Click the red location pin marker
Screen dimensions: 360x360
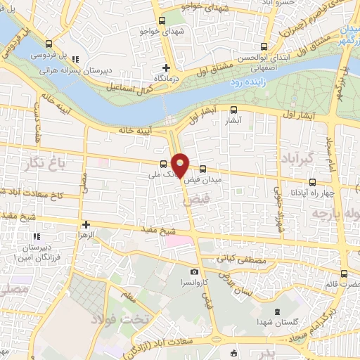[x=181, y=165]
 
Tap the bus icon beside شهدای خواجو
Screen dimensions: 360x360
[x=163, y=22]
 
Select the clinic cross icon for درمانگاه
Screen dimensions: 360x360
[x=166, y=68]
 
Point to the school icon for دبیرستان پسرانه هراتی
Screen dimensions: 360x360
[x=76, y=59]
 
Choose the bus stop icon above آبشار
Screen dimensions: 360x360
[x=235, y=109]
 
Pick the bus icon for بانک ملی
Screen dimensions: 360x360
[x=164, y=165]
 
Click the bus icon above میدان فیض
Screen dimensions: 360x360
[x=202, y=169]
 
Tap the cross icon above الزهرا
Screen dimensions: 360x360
[x=86, y=225]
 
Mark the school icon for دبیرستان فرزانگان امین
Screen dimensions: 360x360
[x=37, y=236]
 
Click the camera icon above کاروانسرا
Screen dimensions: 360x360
[x=194, y=271]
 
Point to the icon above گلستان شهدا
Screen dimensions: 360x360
[x=276, y=311]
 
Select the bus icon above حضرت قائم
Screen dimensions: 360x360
[x=344, y=274]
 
